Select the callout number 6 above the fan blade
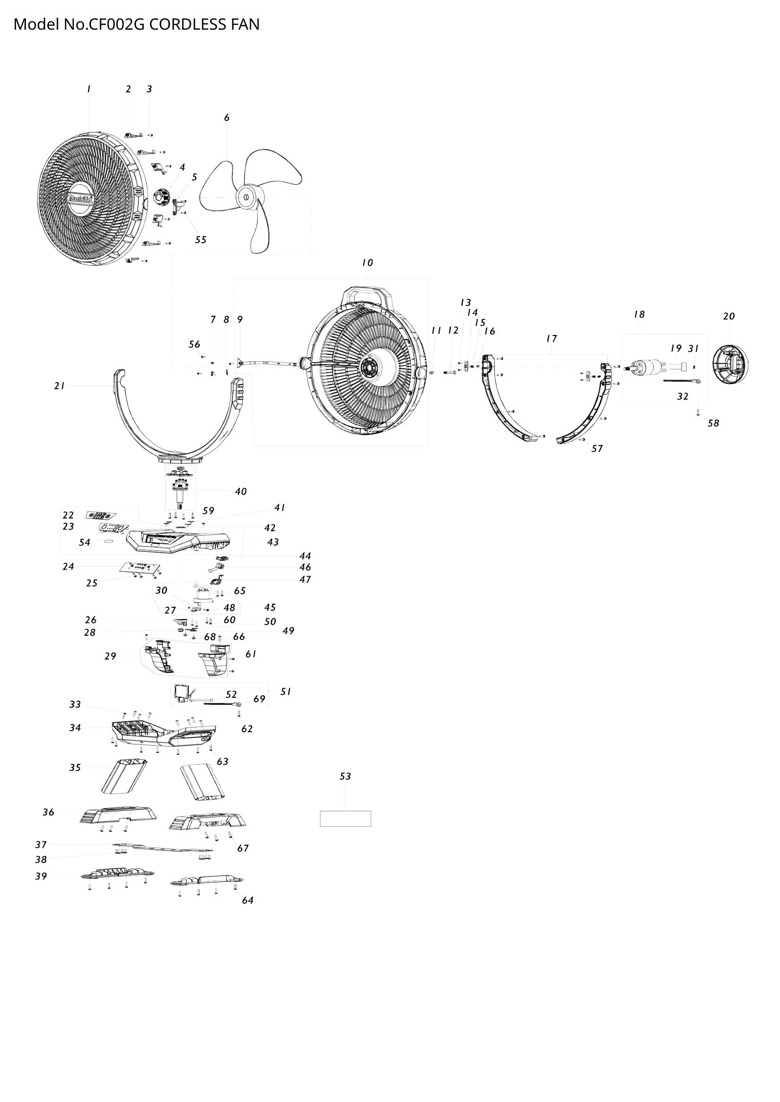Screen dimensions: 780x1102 227,118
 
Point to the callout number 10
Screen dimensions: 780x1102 367,262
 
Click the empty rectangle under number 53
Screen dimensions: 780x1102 345,819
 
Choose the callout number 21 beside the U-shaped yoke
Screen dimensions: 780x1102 59,386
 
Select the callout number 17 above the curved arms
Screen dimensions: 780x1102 551,339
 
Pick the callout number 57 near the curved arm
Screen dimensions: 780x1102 597,449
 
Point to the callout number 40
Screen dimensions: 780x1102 241,491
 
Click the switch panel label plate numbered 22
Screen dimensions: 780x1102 101,515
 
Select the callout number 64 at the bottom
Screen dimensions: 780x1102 248,900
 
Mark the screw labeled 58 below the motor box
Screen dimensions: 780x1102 698,413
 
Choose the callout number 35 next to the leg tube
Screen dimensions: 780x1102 75,768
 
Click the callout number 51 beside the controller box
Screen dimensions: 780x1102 286,692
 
